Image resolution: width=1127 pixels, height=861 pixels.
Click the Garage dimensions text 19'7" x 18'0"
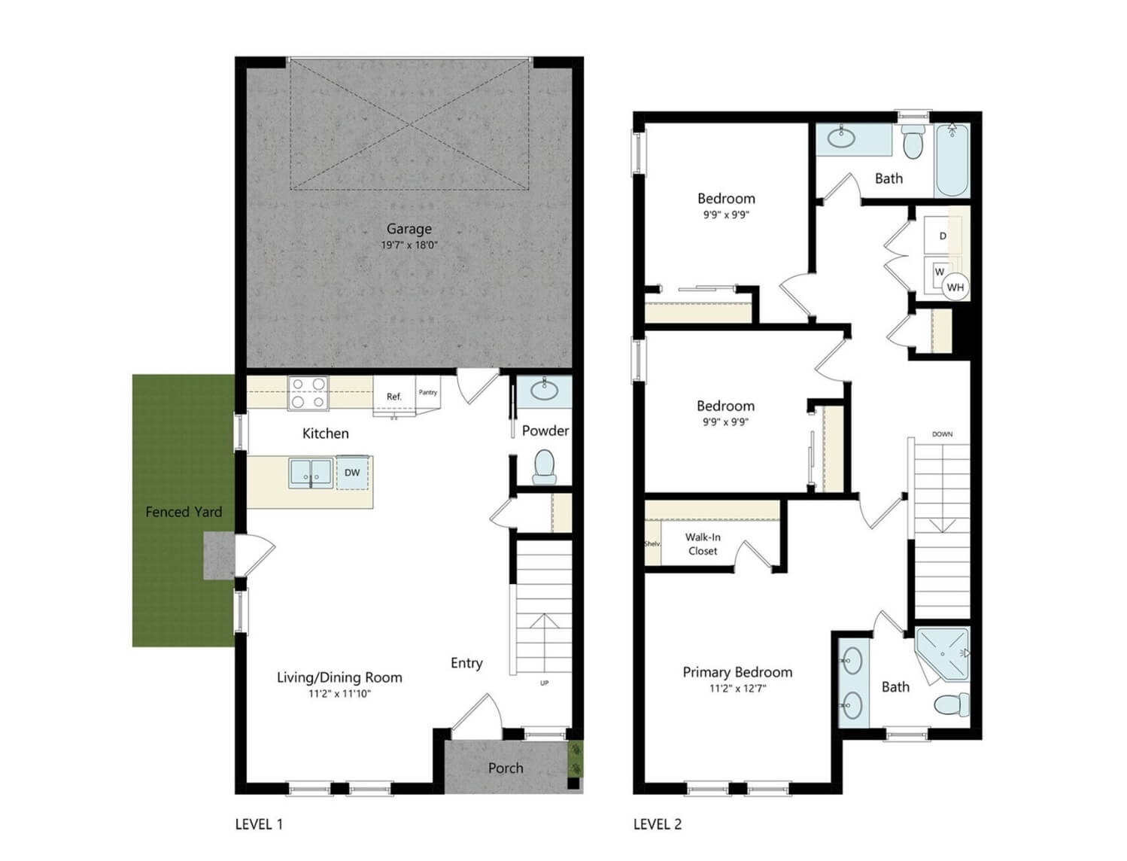click(x=409, y=245)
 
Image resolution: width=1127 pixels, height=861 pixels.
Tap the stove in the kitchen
click(x=308, y=393)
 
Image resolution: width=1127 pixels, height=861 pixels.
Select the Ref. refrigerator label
click(x=393, y=397)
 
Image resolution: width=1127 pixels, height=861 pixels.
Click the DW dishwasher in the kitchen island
click(x=352, y=473)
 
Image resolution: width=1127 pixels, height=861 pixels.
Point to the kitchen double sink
click(x=311, y=473)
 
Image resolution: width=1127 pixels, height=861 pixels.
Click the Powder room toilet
click(x=544, y=467)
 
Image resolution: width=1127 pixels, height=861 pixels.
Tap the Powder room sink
click(x=544, y=391)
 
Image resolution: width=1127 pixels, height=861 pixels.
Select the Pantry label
click(x=427, y=392)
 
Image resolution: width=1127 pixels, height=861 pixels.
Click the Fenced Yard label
click(x=184, y=512)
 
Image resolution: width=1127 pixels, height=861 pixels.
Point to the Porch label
click(x=506, y=768)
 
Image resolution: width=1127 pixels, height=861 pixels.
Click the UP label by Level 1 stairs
click(x=544, y=683)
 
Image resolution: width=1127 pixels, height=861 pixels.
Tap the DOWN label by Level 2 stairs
click(x=942, y=434)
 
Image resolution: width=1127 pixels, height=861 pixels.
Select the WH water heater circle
click(x=955, y=287)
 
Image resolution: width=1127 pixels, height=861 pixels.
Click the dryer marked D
click(x=943, y=236)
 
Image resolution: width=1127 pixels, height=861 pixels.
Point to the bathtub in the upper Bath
click(x=952, y=160)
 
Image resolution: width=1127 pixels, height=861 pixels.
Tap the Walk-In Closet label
click(x=703, y=543)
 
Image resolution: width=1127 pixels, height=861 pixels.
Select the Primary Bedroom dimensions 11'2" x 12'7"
click(x=737, y=689)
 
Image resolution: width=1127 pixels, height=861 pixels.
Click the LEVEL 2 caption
click(x=658, y=825)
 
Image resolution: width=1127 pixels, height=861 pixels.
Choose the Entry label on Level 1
click(x=466, y=663)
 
